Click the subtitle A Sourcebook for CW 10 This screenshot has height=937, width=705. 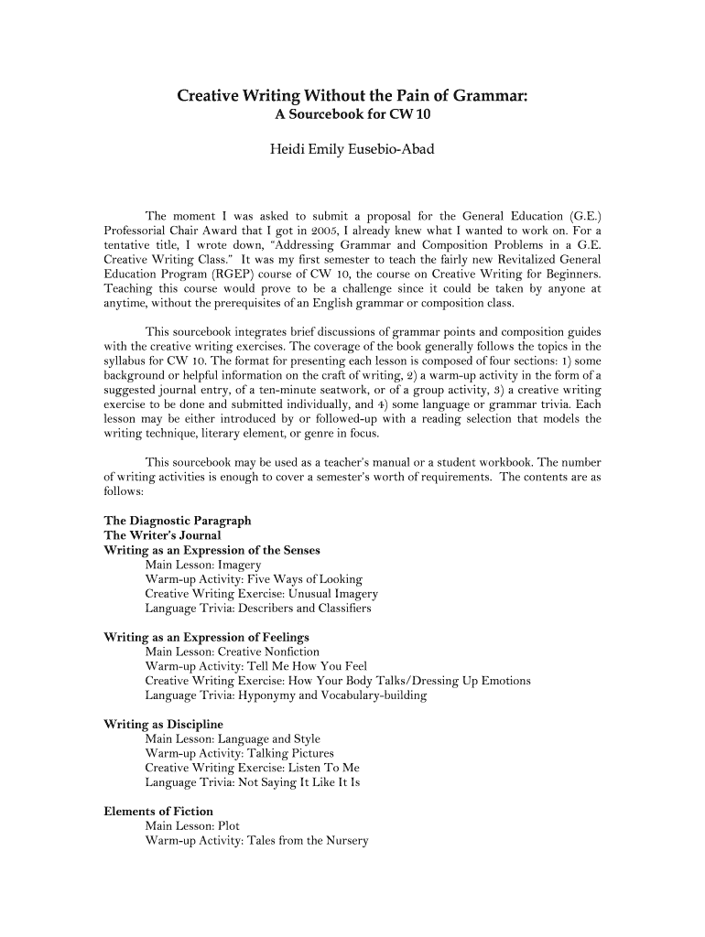point(352,115)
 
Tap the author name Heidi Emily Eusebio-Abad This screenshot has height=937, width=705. point(352,146)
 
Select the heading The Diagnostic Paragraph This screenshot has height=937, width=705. point(178,521)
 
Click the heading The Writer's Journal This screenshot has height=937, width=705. point(163,535)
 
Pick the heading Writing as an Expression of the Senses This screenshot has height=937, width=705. point(211,550)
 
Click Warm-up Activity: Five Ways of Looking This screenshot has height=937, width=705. point(254,579)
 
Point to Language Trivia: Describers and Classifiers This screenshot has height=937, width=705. point(258,609)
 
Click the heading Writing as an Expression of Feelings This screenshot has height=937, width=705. point(207,637)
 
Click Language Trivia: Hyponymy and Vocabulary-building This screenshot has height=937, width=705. point(286,695)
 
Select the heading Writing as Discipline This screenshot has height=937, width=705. point(164,725)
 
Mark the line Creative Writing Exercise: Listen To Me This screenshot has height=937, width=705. point(252,768)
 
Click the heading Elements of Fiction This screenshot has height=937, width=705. point(158,812)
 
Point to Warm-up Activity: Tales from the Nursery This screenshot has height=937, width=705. point(256,840)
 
